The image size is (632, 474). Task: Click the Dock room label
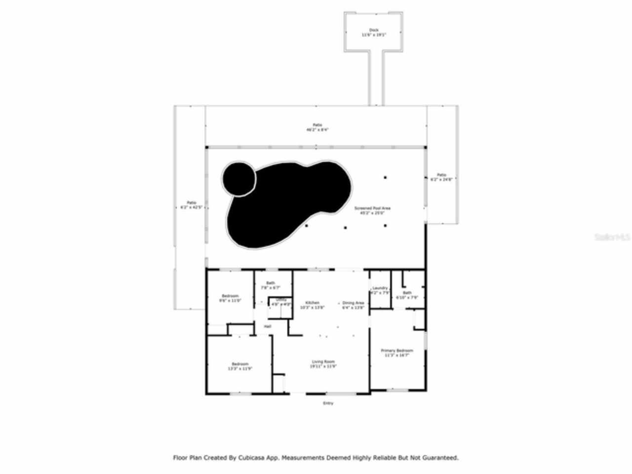click(373, 33)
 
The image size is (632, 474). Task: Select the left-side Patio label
click(191, 205)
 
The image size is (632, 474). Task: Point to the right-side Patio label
click(441, 177)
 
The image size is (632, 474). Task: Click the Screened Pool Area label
click(372, 211)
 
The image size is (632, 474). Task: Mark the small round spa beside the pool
click(239, 178)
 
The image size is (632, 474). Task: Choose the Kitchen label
click(312, 305)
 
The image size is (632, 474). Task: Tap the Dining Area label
click(353, 305)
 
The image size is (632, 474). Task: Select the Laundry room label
click(380, 290)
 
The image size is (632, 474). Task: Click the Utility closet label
click(281, 302)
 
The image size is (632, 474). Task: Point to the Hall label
click(267, 326)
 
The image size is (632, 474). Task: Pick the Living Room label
click(323, 364)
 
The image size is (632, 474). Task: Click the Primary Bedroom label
click(396, 353)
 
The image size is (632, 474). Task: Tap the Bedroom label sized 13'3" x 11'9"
click(240, 366)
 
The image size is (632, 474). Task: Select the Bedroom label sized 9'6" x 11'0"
click(230, 298)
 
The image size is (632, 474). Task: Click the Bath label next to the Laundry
click(407, 295)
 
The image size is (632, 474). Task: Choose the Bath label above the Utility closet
click(271, 285)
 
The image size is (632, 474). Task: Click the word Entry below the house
click(328, 403)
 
